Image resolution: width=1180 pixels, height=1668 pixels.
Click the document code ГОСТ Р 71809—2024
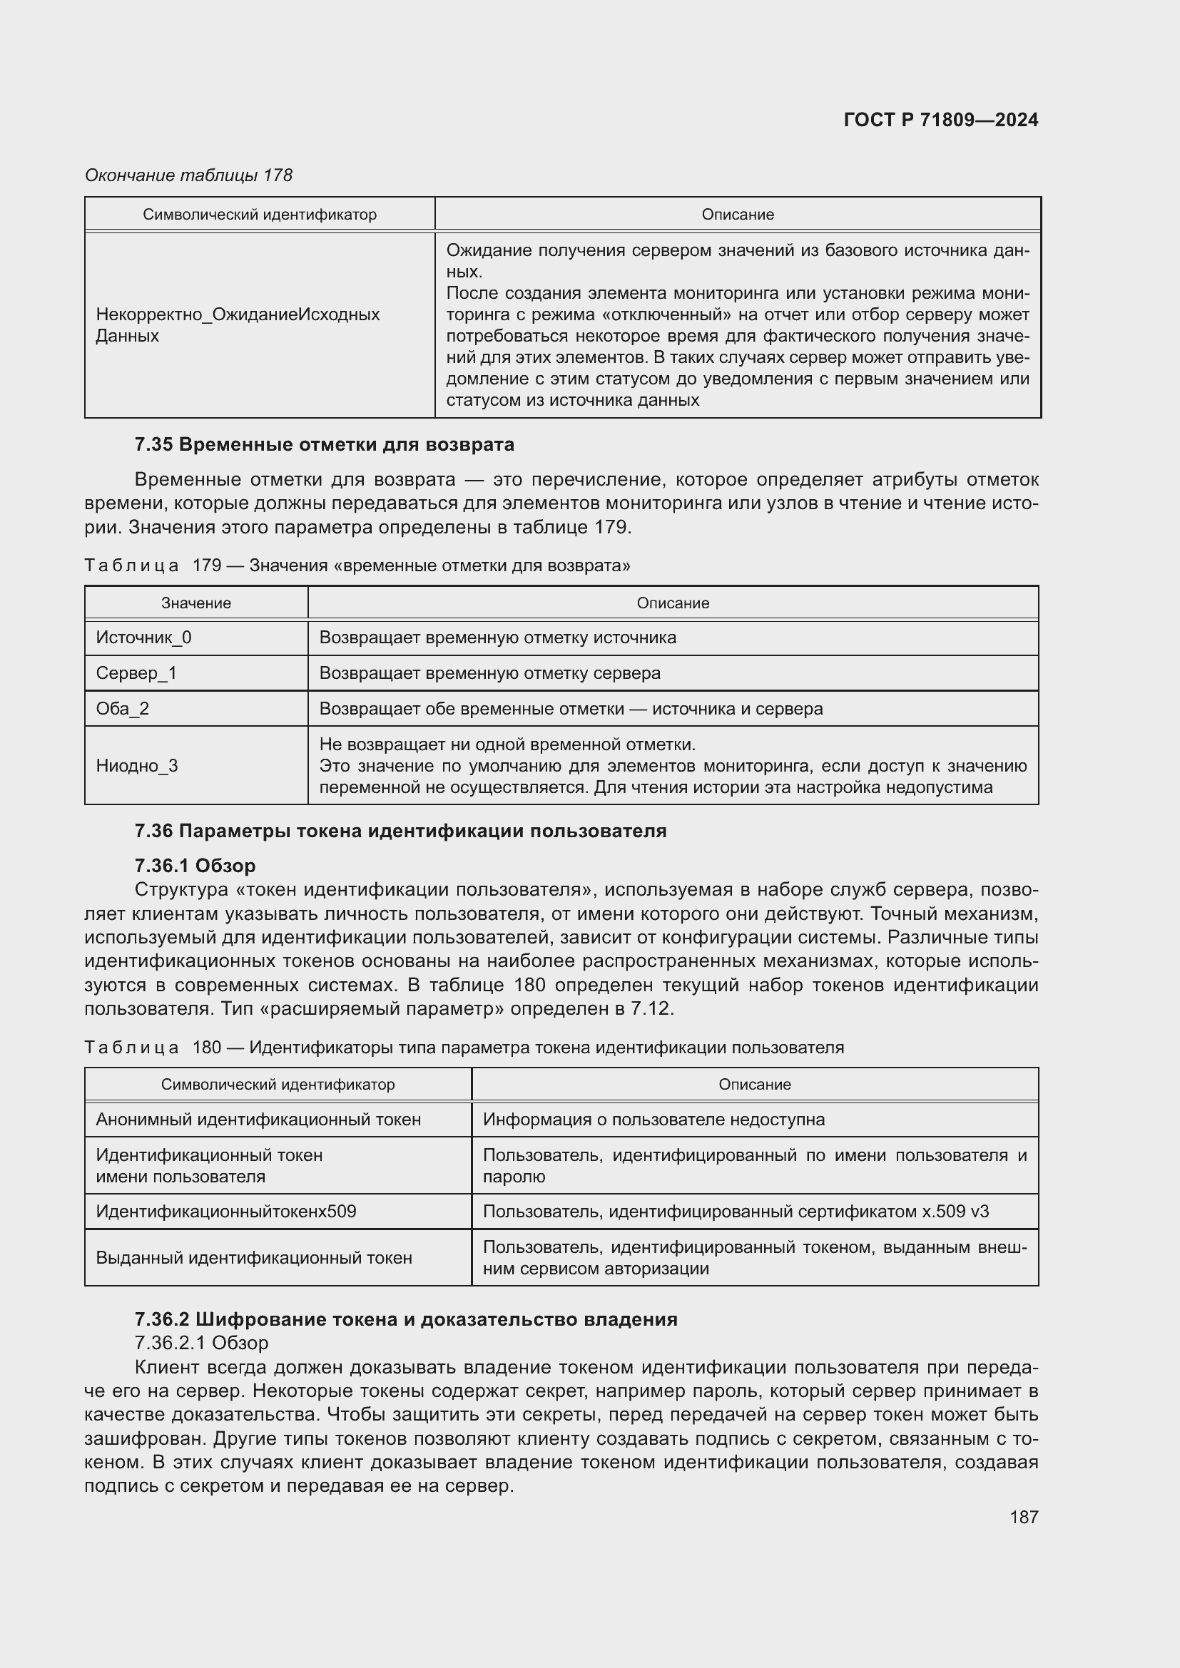(940, 120)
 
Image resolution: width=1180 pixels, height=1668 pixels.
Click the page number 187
(1023, 1517)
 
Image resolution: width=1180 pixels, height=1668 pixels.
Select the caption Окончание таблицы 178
(188, 175)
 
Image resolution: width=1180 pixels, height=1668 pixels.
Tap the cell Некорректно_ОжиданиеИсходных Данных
(238, 324)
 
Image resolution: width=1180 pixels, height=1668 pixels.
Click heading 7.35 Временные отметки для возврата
(324, 444)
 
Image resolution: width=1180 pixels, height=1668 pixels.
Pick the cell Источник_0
(144, 637)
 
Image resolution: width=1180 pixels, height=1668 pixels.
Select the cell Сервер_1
(136, 672)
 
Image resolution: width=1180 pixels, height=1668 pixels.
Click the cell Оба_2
(122, 708)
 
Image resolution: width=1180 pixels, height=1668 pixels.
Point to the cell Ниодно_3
(136, 766)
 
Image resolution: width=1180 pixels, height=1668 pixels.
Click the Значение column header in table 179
(196, 603)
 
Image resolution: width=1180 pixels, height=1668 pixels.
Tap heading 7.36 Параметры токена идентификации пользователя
(400, 830)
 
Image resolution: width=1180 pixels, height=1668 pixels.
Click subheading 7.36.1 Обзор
(195, 865)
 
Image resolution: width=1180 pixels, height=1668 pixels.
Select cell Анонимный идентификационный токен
(258, 1119)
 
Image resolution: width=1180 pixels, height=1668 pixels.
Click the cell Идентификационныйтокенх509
(226, 1211)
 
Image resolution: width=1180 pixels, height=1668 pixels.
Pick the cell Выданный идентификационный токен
(253, 1257)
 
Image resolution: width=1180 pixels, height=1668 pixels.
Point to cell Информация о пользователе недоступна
(653, 1119)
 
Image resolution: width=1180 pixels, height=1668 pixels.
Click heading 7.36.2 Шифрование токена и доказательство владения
(405, 1319)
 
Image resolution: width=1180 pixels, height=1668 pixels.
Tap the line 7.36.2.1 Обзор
(201, 1343)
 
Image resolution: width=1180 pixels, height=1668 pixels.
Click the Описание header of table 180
(754, 1084)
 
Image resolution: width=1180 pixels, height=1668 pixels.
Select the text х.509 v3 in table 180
(955, 1211)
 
